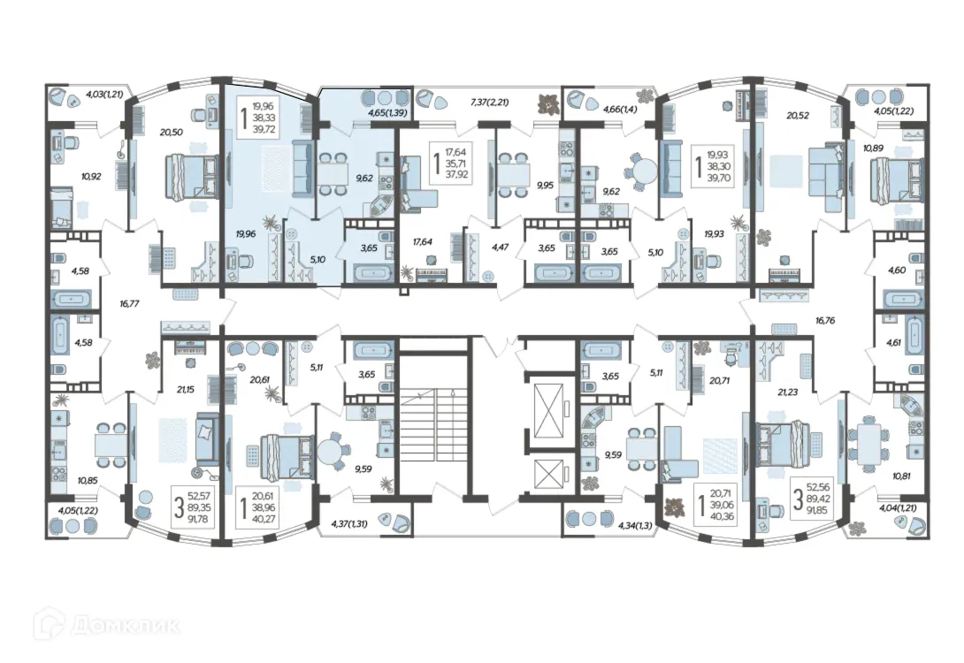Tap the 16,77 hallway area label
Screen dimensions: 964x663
tap(129, 303)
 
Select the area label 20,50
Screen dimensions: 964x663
tap(171, 132)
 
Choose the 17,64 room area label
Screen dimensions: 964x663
tap(423, 242)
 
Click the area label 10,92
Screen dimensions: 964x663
tap(90, 176)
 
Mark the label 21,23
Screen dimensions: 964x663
tap(787, 392)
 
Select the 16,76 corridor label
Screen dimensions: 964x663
tap(825, 320)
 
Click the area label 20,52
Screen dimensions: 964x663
tap(798, 115)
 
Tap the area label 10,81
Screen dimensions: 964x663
tap(901, 475)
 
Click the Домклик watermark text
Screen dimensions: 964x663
tap(126, 626)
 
